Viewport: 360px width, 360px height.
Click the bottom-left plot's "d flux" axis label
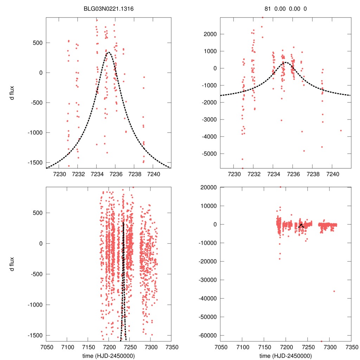[12, 264]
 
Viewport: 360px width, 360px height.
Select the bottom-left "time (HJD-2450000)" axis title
[108, 356]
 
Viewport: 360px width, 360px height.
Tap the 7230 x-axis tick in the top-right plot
[234, 174]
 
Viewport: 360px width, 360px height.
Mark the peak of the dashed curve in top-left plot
[108, 52]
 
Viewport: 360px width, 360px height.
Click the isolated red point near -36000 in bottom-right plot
[334, 291]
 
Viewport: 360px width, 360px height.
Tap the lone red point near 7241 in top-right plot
[341, 130]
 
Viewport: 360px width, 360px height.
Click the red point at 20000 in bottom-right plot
[280, 187]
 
